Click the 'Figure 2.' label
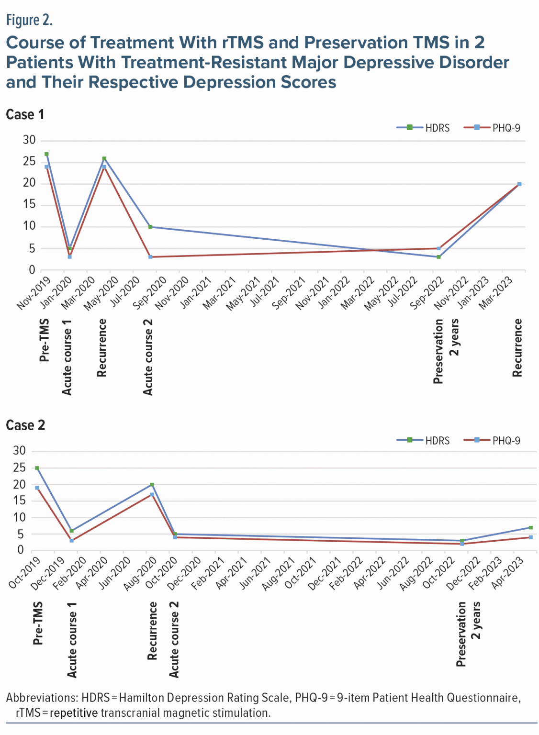[29, 20]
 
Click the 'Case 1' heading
[25, 114]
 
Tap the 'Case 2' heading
[25, 425]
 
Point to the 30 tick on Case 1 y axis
[29, 140]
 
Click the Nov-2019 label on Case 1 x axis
[33, 293]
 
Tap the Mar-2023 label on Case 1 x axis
[496, 293]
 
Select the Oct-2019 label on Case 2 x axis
[24, 572]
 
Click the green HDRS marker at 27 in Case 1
[46, 154]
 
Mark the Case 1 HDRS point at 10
[150, 227]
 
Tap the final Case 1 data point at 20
[519, 184]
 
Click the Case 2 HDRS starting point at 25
[37, 468]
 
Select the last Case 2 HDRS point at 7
[530, 528]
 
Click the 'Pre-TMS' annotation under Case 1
[44, 340]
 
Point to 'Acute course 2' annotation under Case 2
[174, 639]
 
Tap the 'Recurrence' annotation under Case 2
[152, 631]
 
